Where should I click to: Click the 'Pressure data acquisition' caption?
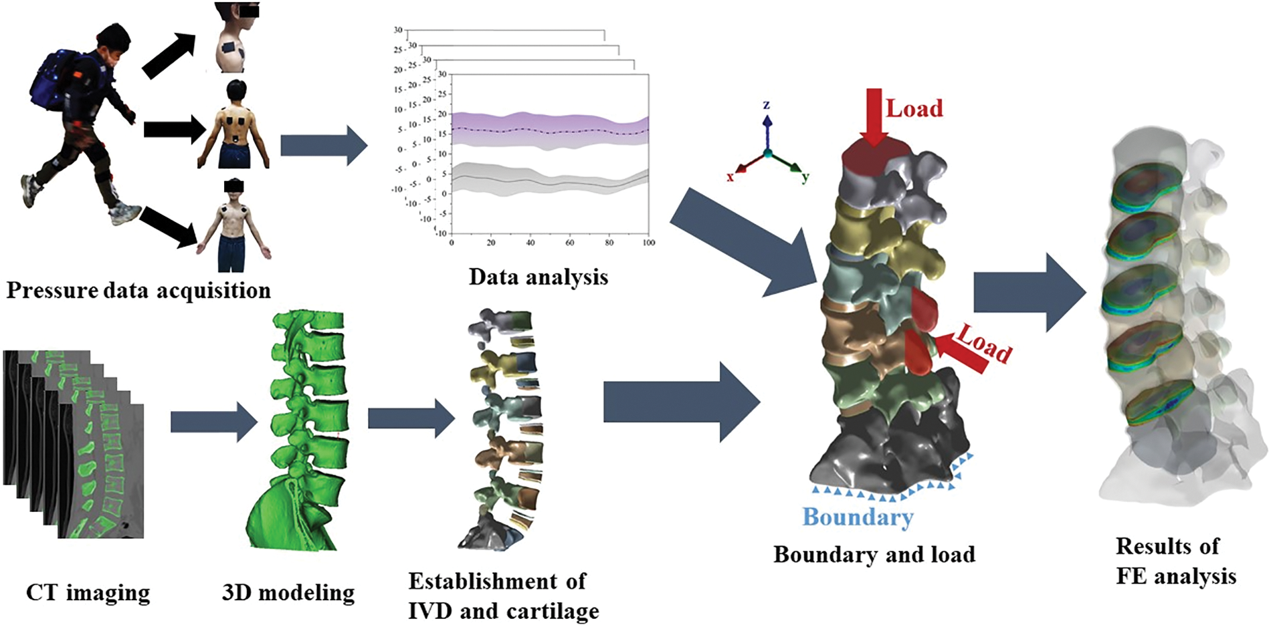point(138,291)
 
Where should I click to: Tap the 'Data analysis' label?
point(539,277)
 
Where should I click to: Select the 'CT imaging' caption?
point(88,592)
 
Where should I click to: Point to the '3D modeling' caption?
point(288,592)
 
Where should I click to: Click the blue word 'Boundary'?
point(858,517)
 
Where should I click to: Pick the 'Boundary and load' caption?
point(874,554)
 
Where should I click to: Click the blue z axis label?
point(767,105)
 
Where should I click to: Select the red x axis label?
point(730,177)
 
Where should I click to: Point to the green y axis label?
point(805,177)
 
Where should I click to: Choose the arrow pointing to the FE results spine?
point(1030,292)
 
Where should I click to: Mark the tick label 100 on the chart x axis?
point(648,243)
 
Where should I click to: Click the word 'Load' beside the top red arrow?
point(914,108)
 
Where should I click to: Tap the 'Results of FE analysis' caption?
point(1175,561)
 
